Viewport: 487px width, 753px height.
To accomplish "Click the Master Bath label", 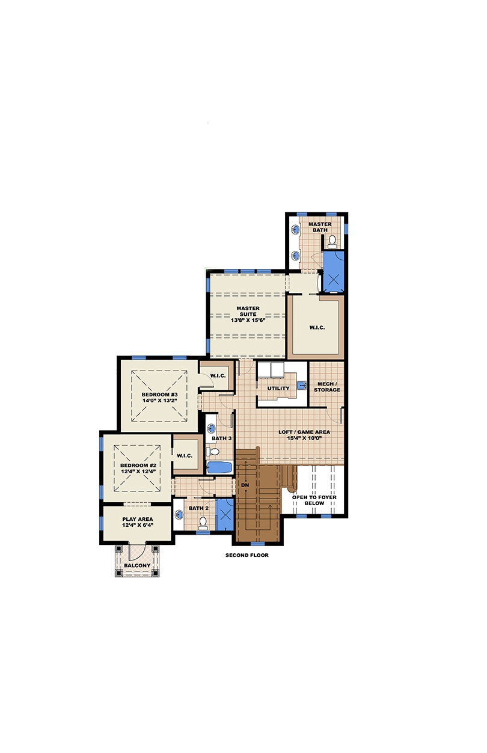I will click(320, 227).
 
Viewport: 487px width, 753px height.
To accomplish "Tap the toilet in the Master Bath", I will click(332, 241).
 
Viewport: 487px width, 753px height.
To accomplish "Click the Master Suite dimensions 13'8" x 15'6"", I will click(248, 320).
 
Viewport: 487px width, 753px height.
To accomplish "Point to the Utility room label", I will click(278, 388).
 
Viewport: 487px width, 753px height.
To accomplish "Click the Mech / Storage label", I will click(326, 386).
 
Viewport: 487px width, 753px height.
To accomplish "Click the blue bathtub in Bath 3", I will click(219, 467).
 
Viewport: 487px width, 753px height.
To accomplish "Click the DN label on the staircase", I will click(245, 484).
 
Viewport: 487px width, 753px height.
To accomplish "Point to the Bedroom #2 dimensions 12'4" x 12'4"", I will click(138, 471).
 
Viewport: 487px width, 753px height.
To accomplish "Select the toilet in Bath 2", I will click(203, 522).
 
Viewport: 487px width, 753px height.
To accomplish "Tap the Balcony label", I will click(138, 565).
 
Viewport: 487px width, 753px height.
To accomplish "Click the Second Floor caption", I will click(247, 555).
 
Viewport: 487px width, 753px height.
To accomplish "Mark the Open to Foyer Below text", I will click(314, 500).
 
